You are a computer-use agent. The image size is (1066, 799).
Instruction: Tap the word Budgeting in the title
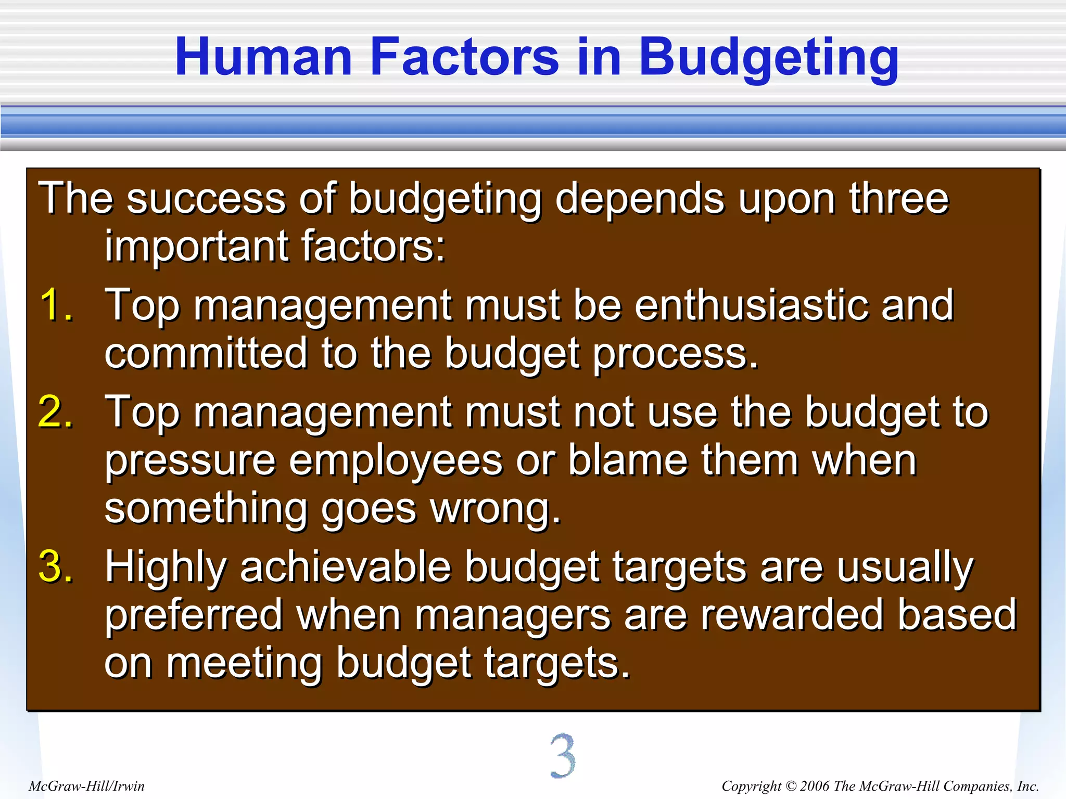tap(768, 58)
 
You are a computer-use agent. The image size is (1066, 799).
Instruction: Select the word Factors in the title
tap(464, 57)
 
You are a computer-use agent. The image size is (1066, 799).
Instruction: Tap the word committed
tap(206, 353)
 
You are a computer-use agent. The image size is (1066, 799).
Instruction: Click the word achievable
tap(345, 566)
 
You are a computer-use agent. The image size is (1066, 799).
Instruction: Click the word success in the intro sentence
tap(206, 199)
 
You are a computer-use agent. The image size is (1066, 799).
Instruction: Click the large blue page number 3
tap(562, 756)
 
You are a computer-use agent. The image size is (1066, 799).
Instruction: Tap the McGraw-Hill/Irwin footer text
tap(86, 786)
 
